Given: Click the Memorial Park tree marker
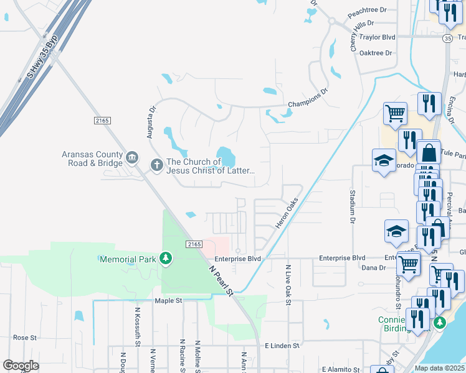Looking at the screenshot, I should pos(165,257).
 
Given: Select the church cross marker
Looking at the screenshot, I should pos(156,165).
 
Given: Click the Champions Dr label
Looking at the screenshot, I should pos(307,99).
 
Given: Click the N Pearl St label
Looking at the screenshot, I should pos(221,281).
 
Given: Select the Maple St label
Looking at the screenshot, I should pos(168,301).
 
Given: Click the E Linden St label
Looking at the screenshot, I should pos(282,345).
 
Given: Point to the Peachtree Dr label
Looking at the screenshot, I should pos(368,10).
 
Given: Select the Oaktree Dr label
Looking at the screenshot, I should pos(376,53).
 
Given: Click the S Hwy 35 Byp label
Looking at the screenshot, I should pos(42,57).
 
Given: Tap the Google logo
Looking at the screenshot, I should pos(21,365).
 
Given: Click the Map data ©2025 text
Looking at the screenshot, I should pos(440,368).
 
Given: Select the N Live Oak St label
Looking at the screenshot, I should pos(288,285).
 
